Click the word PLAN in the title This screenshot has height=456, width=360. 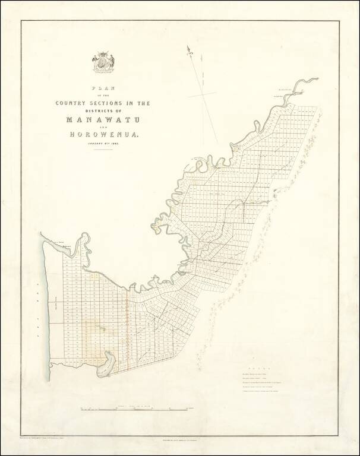pyautogui.click(x=103, y=88)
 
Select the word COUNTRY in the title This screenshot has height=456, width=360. pyautogui.click(x=74, y=103)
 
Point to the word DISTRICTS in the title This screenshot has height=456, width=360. pyautogui.click(x=100, y=110)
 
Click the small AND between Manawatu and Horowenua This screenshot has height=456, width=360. pyautogui.click(x=102, y=128)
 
